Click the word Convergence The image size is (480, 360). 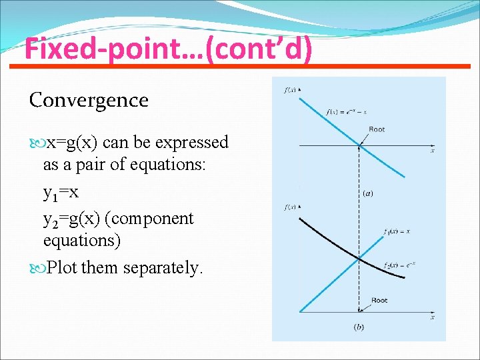pyautogui.click(x=89, y=100)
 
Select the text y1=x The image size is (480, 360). pyautogui.click(x=61, y=193)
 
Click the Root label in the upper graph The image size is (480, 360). pyautogui.click(x=377, y=129)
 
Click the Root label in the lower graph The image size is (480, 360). pyautogui.click(x=379, y=300)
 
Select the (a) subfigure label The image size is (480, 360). pyautogui.click(x=367, y=194)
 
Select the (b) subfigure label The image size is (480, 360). pyautogui.click(x=359, y=327)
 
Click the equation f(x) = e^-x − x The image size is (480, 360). pyautogui.click(x=347, y=112)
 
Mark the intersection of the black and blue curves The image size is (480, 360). pyautogui.click(x=359, y=258)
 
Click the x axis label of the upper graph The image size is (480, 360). pyautogui.click(x=432, y=151)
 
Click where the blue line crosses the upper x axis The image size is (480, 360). pyautogui.click(x=359, y=145)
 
